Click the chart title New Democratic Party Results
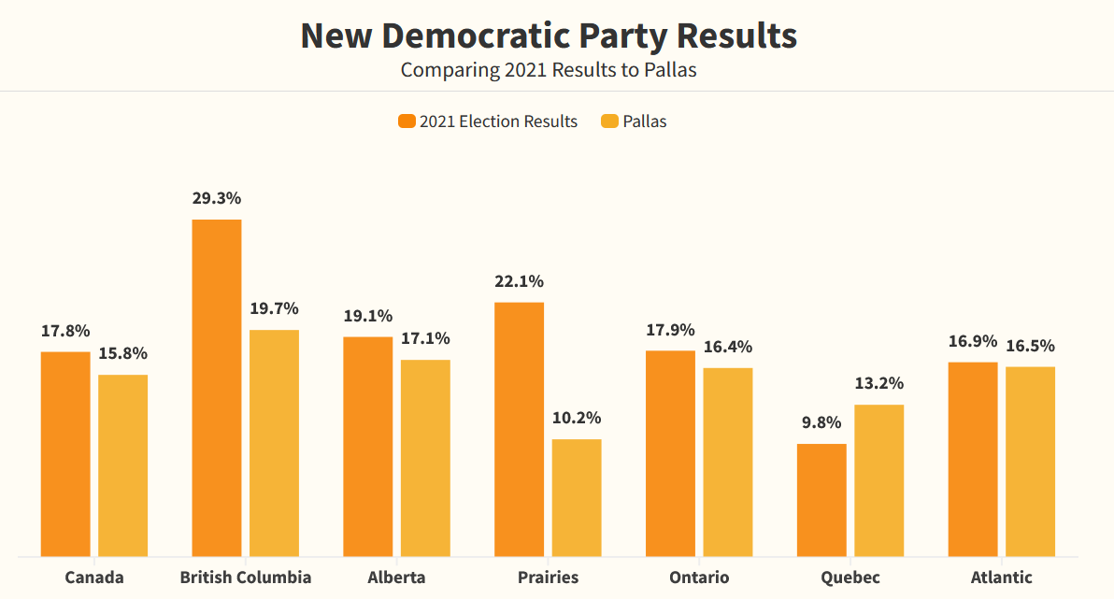coord(549,36)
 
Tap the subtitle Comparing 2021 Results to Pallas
coord(549,70)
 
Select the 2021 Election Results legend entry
coord(488,121)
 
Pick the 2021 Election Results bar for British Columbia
coord(217,388)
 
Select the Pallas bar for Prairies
coord(577,498)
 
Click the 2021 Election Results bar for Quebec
coord(821,500)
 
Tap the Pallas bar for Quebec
coord(879,480)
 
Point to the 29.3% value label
coord(217,198)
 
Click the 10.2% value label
coord(577,418)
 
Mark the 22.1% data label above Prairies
coord(519,281)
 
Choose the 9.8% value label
coord(821,422)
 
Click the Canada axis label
coord(93,577)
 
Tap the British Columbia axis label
coord(246,577)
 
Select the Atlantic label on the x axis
coord(1001,577)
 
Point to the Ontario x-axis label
coord(699,577)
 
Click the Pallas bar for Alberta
coord(425,458)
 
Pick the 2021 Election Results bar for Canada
coord(65,454)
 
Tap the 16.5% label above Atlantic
coord(1030,346)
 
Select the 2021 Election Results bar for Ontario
coord(670,453)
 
